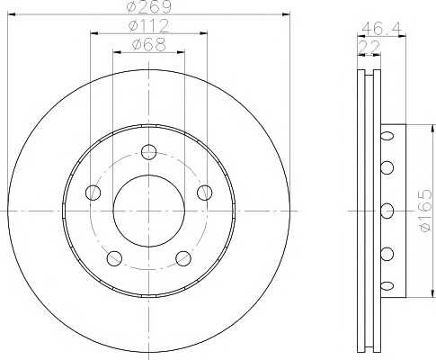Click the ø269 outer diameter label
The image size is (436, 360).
149,6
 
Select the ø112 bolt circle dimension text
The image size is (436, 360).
149,26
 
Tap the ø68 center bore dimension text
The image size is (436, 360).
149,45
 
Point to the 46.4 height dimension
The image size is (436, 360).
381,29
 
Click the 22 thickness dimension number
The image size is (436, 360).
369,47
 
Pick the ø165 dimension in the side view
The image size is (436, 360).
425,210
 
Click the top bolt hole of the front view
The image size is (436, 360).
149,152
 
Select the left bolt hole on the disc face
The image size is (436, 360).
93,193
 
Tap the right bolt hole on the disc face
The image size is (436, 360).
205,193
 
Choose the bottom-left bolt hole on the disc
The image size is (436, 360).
114,258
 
